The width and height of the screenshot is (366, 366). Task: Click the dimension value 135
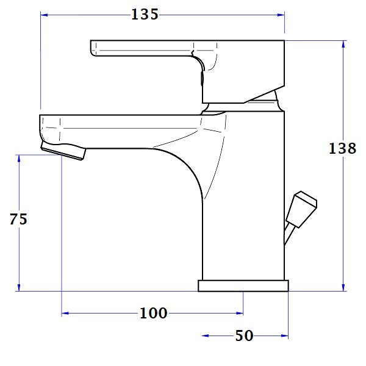145,14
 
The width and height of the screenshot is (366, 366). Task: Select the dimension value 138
342,148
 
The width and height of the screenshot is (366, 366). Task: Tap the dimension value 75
19,219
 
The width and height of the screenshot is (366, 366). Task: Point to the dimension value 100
153,314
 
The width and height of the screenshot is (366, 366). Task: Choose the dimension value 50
244,336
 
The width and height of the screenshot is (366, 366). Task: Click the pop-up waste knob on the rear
303,207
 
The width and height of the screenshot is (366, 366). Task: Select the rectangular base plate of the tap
243,285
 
